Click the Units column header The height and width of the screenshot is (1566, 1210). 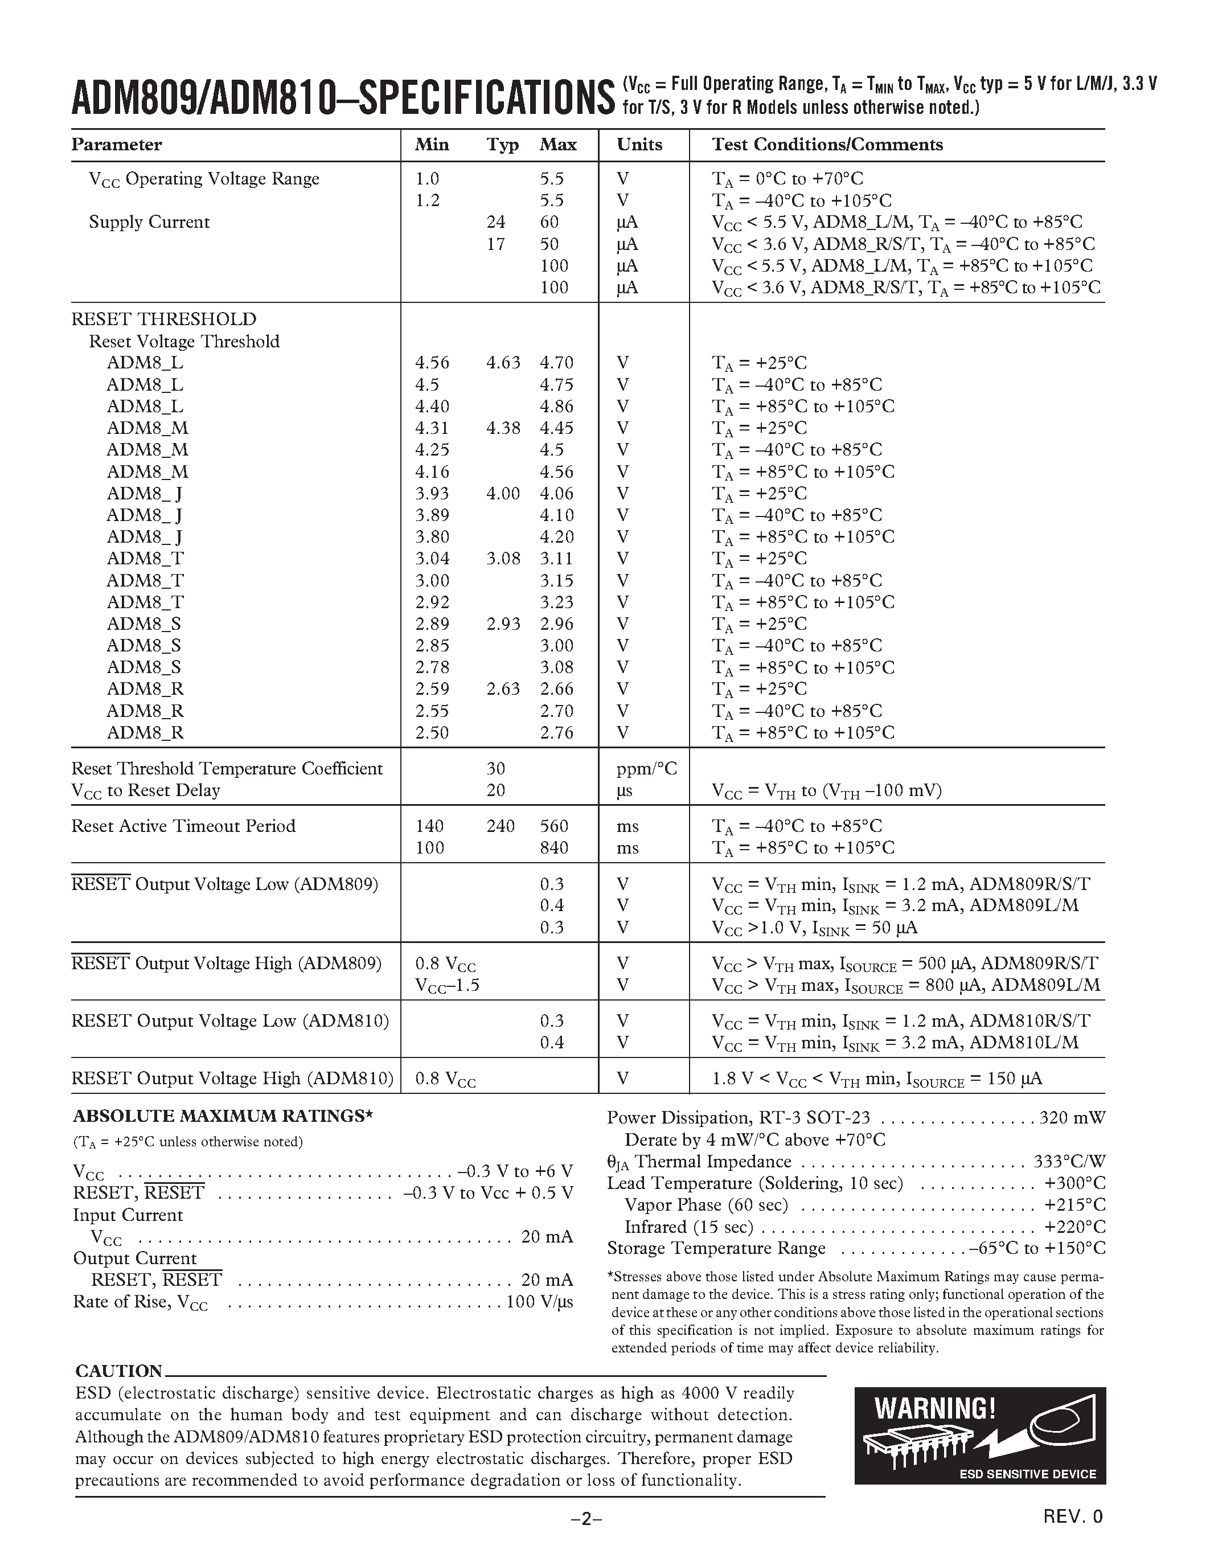pos(639,145)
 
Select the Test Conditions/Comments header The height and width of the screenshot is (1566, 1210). pos(827,145)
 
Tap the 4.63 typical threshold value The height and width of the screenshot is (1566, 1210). pos(503,363)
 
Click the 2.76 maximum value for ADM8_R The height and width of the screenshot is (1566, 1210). pos(557,733)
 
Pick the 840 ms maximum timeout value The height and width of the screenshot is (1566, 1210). pos(554,848)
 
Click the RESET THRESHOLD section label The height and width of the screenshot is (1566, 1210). pos(163,319)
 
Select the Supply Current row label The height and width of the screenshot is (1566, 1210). pos(149,222)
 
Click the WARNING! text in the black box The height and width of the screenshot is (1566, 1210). pos(935,1409)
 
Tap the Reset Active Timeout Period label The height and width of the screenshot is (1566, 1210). pos(183,826)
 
